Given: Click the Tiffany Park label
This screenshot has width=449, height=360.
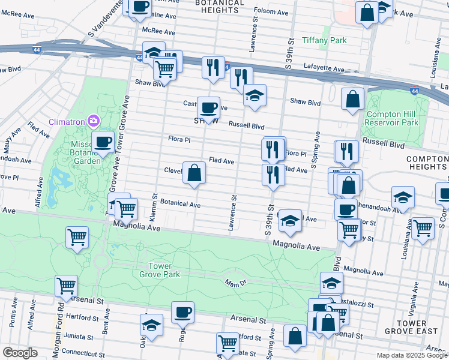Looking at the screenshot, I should click(x=325, y=40).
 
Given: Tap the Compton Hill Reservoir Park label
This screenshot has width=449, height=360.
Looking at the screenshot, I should click(x=392, y=118).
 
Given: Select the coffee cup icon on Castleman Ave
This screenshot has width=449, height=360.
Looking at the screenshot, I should click(x=208, y=108).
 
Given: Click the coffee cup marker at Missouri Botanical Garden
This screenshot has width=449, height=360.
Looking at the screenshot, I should click(x=103, y=142).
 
